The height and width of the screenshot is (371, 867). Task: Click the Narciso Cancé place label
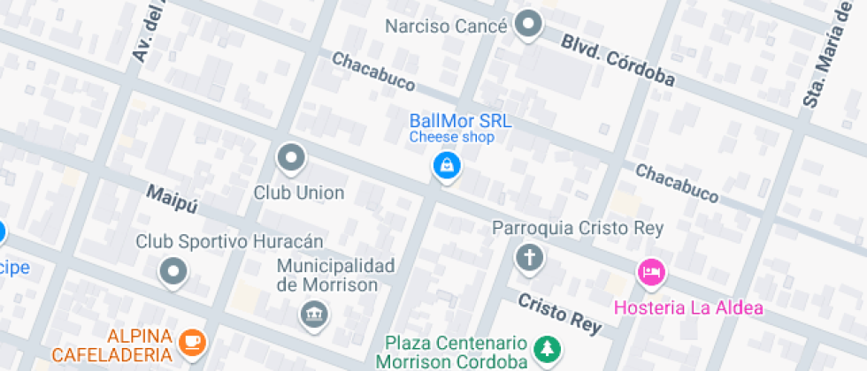[446, 26]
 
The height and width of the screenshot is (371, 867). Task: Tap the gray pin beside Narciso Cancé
[529, 24]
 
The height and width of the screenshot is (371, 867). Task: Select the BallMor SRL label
[460, 120]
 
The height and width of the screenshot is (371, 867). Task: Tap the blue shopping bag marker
[447, 165]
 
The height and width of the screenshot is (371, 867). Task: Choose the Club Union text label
[299, 192]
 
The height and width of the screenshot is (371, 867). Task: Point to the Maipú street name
[171, 199]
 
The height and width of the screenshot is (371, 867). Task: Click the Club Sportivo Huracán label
[229, 240]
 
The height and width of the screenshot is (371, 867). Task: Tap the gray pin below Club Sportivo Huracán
[173, 270]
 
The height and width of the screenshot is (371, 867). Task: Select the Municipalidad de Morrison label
[335, 275]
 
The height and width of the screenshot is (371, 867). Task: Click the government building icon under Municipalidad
[314, 314]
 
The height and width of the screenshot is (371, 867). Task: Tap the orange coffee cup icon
[192, 340]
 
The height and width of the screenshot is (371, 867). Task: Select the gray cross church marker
[529, 259]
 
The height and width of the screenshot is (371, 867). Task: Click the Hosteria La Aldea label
[688, 307]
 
